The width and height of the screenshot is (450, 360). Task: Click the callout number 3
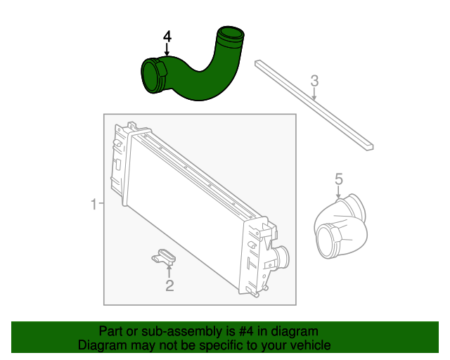(315, 80)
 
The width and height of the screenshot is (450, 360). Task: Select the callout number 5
(338, 180)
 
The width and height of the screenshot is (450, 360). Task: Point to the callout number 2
(169, 285)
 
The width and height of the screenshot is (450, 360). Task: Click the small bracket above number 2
(166, 257)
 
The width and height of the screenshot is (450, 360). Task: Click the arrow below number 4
(167, 50)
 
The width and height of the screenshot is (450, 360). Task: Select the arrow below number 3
(315, 92)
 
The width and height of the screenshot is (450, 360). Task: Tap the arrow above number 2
(169, 271)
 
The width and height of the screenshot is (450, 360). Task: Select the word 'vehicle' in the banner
(309, 345)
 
